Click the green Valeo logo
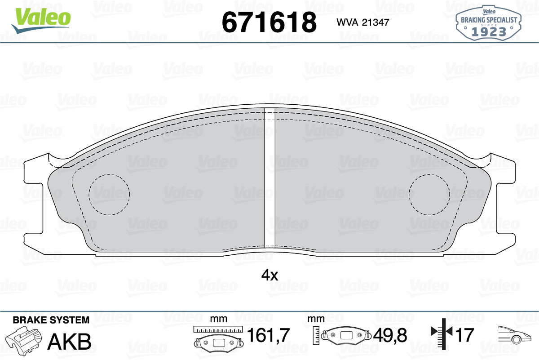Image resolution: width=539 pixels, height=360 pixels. (x=41, y=20)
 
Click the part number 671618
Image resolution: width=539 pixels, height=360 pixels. (x=269, y=22)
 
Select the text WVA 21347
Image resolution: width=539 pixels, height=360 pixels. (x=363, y=22)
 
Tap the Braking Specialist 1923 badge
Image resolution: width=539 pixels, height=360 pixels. (x=489, y=23)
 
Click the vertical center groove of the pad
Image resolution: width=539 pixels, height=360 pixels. (x=269, y=178)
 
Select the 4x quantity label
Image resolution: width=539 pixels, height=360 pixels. (x=269, y=275)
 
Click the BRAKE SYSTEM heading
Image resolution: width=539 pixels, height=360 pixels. (x=51, y=320)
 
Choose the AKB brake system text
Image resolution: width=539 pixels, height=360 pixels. (x=69, y=342)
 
